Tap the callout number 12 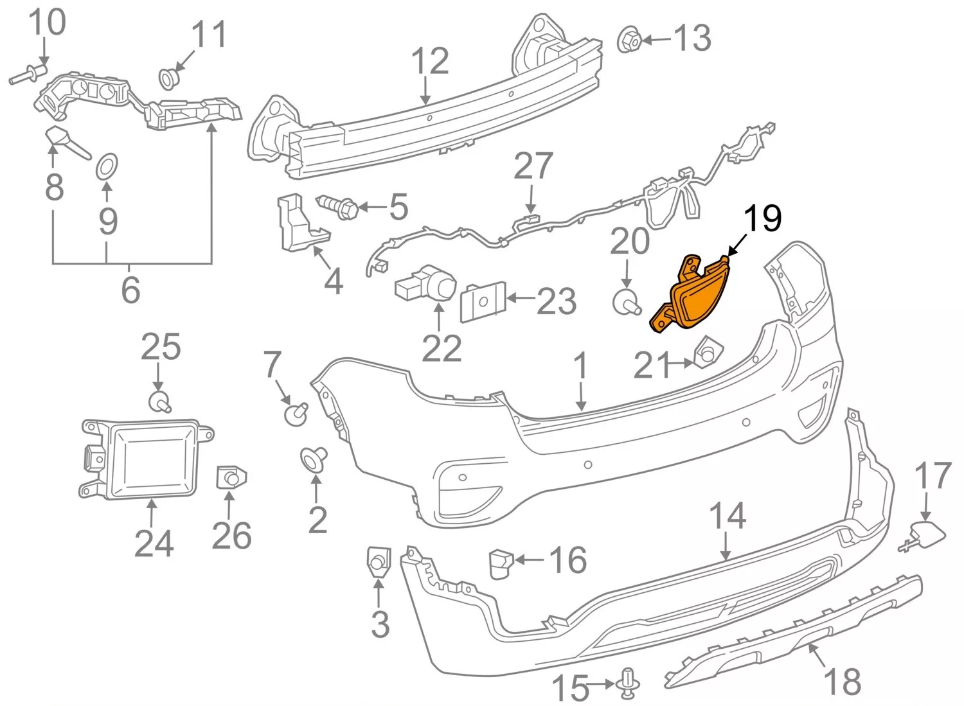(429, 62)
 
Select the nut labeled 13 (629, 40)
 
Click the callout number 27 (533, 166)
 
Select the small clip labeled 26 (231, 477)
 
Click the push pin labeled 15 (628, 683)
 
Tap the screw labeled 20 (625, 301)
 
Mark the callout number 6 (130, 290)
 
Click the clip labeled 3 (378, 561)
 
